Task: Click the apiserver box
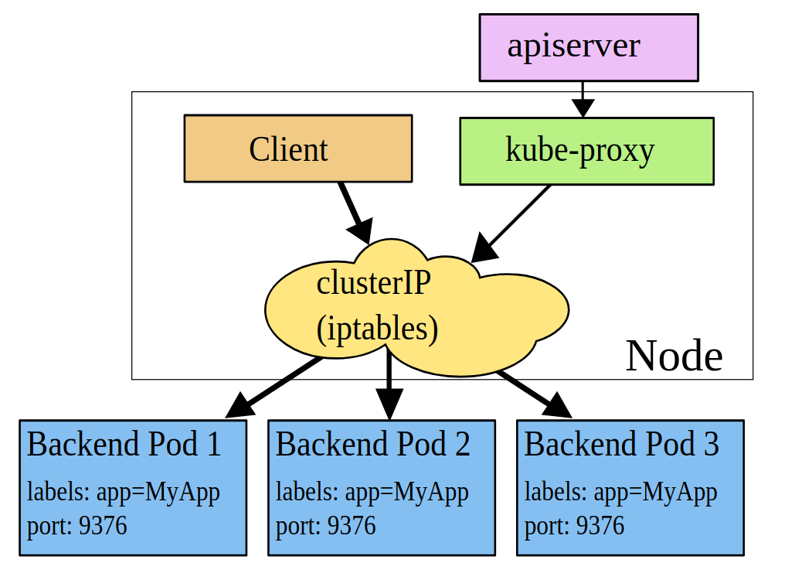click(589, 47)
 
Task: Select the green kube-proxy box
click(586, 151)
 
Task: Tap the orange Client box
click(297, 148)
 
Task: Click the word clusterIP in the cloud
click(373, 283)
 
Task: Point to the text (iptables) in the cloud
click(377, 328)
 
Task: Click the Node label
click(674, 357)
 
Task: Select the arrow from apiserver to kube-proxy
click(583, 99)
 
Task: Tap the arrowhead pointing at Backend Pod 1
click(240, 406)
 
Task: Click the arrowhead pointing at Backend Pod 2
click(389, 404)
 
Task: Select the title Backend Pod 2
click(372, 445)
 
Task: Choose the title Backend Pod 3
click(621, 445)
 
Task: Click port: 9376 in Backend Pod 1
click(76, 527)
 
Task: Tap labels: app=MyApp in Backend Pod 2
click(372, 492)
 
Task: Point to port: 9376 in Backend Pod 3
click(574, 527)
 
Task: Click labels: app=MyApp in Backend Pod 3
click(620, 492)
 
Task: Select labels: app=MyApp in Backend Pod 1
click(123, 492)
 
